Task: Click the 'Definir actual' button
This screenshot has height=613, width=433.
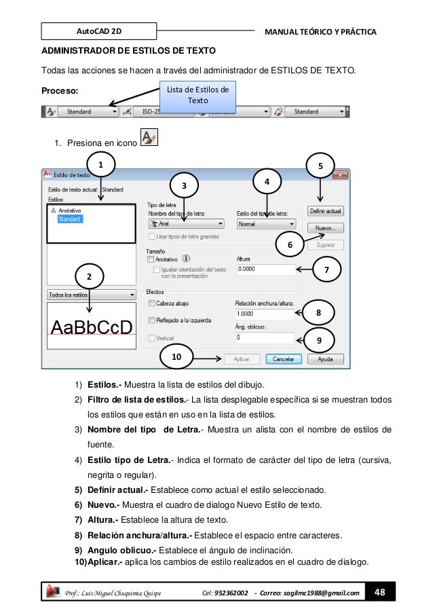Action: pyautogui.click(x=326, y=211)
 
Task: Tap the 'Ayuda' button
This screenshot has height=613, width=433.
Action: pyautogui.click(x=326, y=358)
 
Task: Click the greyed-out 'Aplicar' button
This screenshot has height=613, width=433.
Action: pyautogui.click(x=242, y=358)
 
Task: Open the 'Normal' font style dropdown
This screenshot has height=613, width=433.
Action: pyautogui.click(x=266, y=223)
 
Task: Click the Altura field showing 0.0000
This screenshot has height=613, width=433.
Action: pyautogui.click(x=264, y=269)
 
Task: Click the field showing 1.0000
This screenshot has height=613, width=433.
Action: pyautogui.click(x=264, y=314)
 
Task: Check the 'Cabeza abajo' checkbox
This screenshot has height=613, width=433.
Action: pyautogui.click(x=151, y=303)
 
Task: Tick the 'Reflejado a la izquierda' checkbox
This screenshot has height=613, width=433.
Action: pyautogui.click(x=151, y=320)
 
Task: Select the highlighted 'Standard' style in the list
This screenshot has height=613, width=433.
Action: pyautogui.click(x=69, y=219)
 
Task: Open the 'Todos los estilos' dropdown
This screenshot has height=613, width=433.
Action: pyautogui.click(x=90, y=295)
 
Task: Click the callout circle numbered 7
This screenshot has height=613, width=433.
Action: pyautogui.click(x=327, y=270)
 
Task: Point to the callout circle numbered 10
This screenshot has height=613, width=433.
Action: pyautogui.click(x=176, y=356)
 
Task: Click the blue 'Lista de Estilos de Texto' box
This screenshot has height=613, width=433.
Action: pyautogui.click(x=197, y=96)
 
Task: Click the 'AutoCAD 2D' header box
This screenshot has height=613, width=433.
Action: pyautogui.click(x=98, y=31)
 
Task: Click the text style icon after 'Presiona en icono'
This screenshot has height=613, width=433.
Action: pyautogui.click(x=148, y=138)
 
